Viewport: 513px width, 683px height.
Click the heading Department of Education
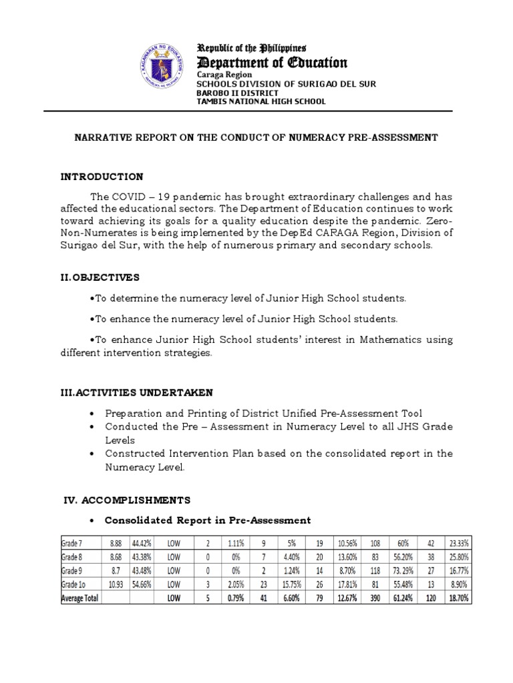[x=271, y=63]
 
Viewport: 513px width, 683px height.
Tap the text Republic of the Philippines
[x=250, y=48]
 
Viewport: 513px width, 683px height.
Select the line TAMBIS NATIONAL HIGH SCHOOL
[x=261, y=102]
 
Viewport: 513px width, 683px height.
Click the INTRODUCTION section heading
[x=102, y=177]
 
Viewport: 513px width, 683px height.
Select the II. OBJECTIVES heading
[x=100, y=277]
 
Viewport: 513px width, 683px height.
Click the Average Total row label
[x=79, y=599]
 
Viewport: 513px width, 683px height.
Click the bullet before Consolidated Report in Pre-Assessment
[x=91, y=520]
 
